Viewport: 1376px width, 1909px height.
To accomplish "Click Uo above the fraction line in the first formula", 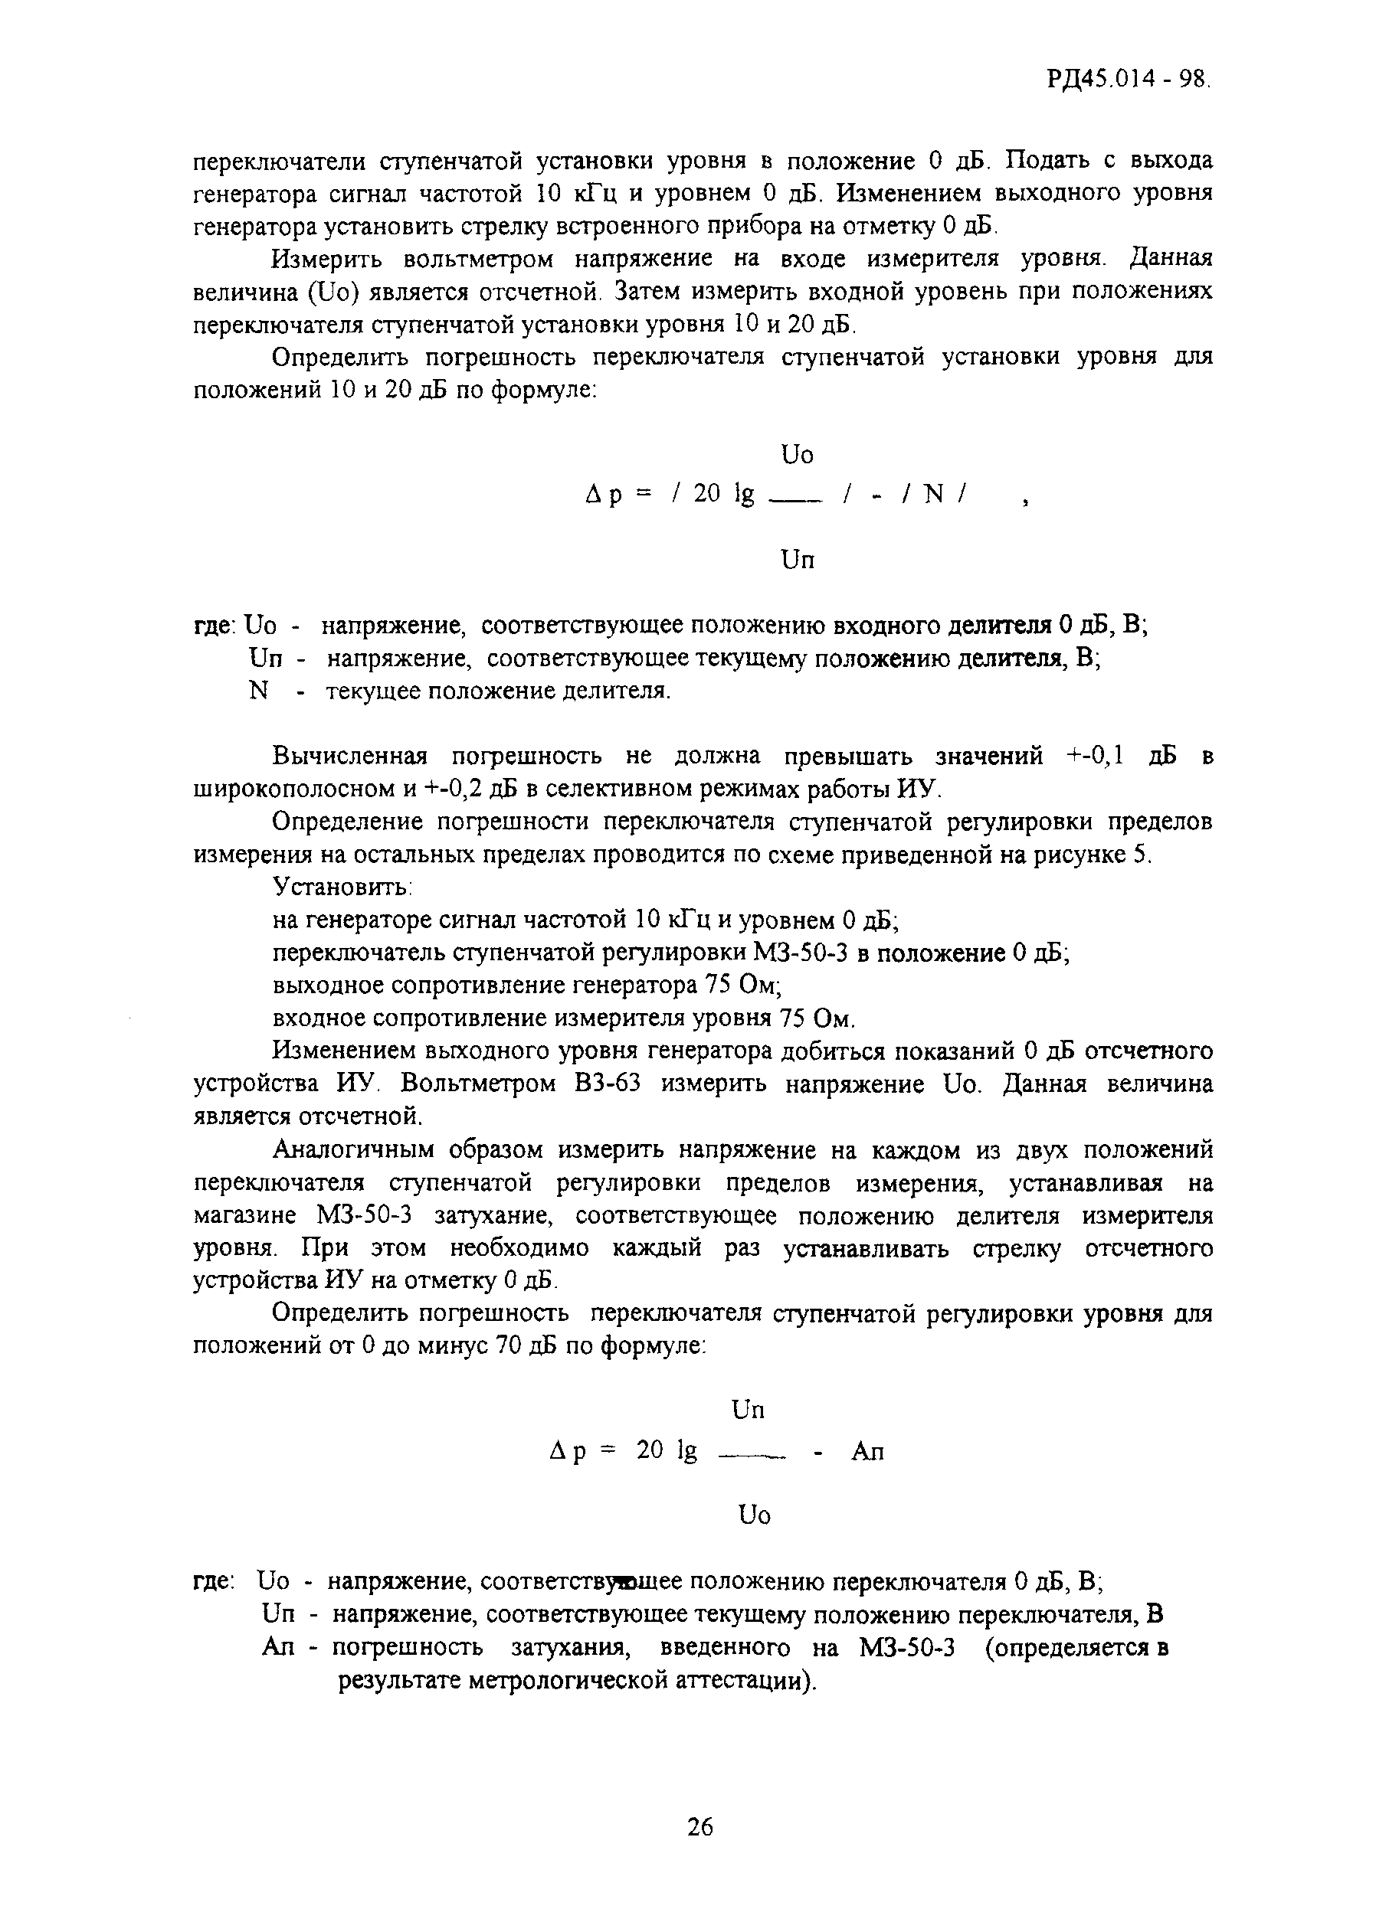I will (x=798, y=456).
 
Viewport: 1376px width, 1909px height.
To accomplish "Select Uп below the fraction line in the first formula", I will (x=798, y=560).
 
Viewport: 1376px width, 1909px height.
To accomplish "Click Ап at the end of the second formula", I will (x=867, y=1451).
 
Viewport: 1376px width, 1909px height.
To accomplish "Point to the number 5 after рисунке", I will (x=1139, y=855).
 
